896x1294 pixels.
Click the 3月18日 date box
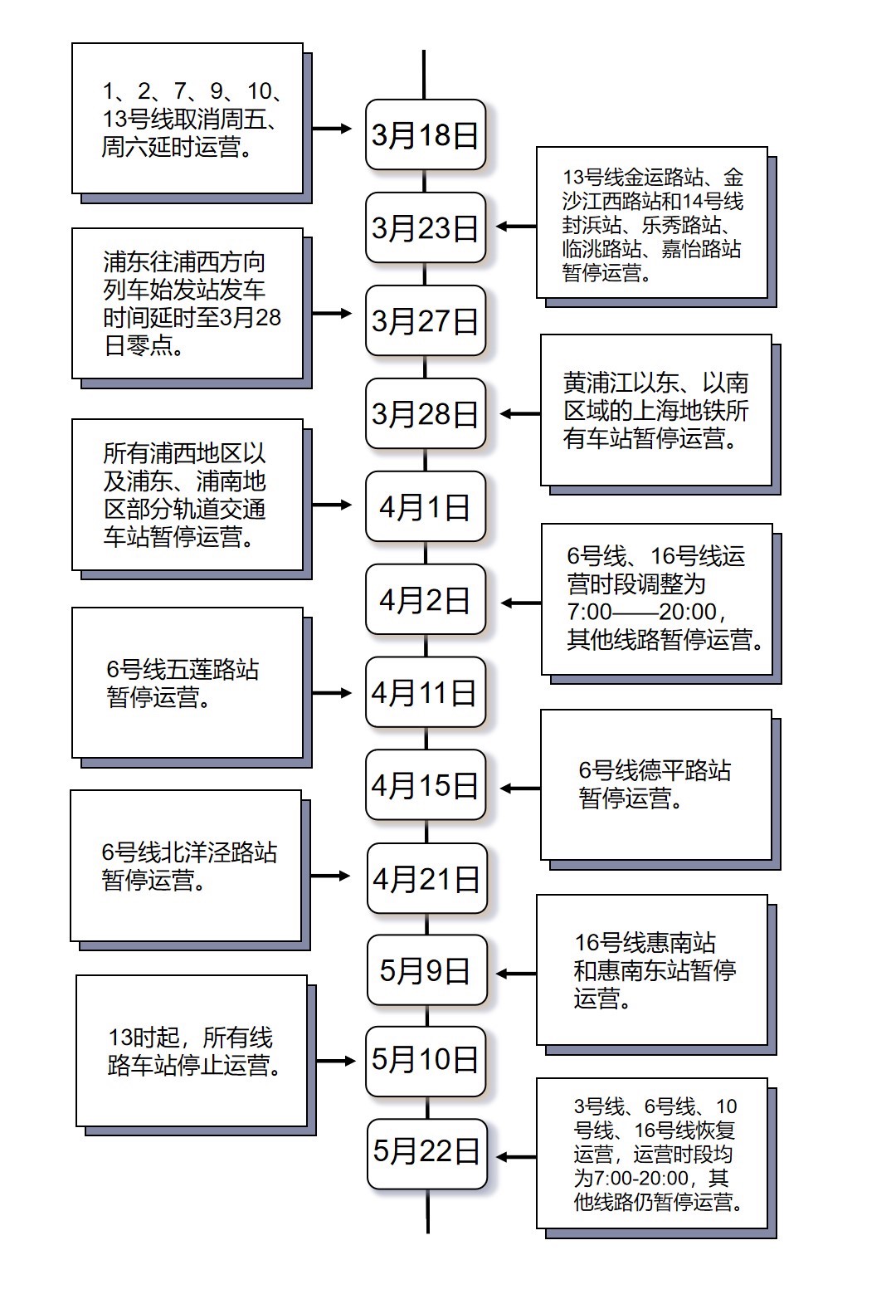pos(426,134)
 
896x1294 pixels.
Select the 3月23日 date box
pos(426,227)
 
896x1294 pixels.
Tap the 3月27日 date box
pos(426,320)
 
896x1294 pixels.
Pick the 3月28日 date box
pos(426,413)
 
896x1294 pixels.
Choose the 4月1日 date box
pos(426,506)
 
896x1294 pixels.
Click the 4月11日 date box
pos(426,692)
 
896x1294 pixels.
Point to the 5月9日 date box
pos(427,970)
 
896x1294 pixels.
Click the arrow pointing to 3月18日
pos(331,129)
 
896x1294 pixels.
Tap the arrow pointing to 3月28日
pos(520,413)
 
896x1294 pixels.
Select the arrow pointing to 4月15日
pos(520,789)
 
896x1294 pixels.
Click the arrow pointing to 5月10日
pos(335,1061)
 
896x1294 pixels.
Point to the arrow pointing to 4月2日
pos(521,603)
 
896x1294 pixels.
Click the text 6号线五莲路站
pos(183,670)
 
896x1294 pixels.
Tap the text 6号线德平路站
pos(655,770)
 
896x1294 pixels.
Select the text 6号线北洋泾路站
pos(189,852)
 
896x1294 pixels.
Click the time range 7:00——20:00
pos(646,611)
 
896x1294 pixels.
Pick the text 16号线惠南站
pos(645,943)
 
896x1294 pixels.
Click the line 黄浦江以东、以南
pos(656,383)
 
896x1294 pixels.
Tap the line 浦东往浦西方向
pos(184,262)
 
